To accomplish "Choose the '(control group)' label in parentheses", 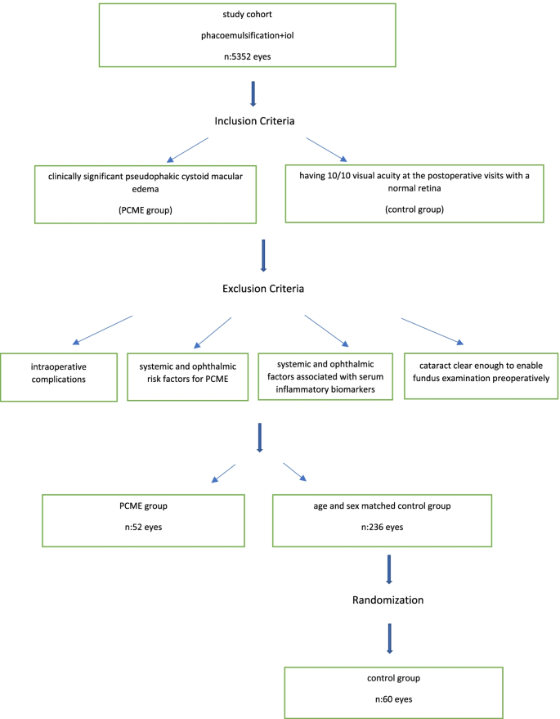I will (x=414, y=209).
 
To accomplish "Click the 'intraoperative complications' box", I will (x=59, y=376).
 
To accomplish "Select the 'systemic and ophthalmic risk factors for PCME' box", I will (x=188, y=376).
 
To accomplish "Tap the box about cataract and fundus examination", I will (x=470, y=375).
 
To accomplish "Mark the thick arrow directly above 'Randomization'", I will (x=389, y=569).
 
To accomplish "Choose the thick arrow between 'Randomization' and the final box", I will (x=390, y=639).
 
